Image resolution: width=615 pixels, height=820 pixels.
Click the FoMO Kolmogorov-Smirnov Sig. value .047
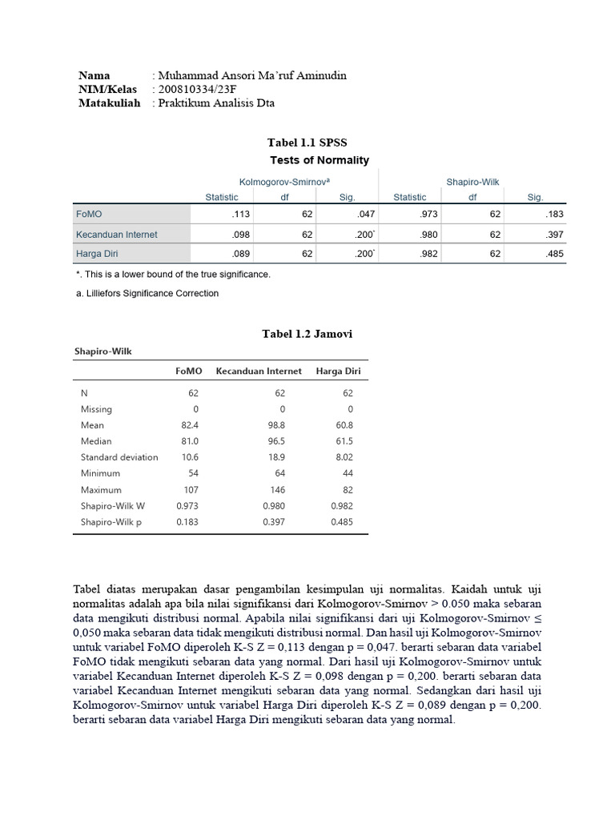tap(347, 215)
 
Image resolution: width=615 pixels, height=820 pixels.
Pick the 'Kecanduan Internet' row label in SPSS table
tap(116, 235)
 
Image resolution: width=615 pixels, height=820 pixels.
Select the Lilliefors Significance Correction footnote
tap(147, 293)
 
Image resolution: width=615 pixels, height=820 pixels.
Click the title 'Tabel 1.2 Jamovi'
tap(307, 334)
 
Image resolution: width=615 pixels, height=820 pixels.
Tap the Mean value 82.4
tap(189, 425)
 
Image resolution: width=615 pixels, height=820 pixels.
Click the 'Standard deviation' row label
tap(119, 457)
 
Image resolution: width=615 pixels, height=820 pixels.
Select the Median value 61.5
tap(344, 441)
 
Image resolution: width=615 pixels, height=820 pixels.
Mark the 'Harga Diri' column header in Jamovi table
tap(339, 371)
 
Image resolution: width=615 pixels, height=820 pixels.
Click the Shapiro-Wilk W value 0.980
tap(274, 505)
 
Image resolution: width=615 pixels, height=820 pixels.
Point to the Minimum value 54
tap(193, 473)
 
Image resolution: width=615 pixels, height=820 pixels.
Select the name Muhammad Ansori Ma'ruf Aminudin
tap(251, 75)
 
